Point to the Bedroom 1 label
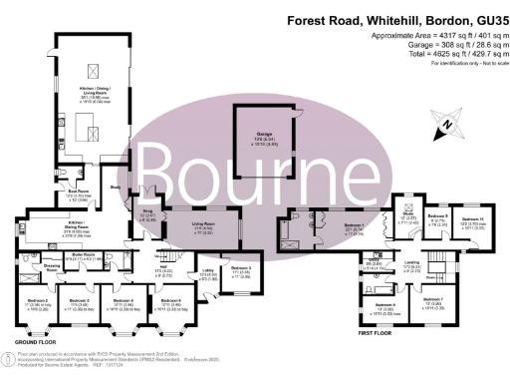click(354, 227)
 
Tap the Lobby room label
click(209, 274)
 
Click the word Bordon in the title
click(441, 19)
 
